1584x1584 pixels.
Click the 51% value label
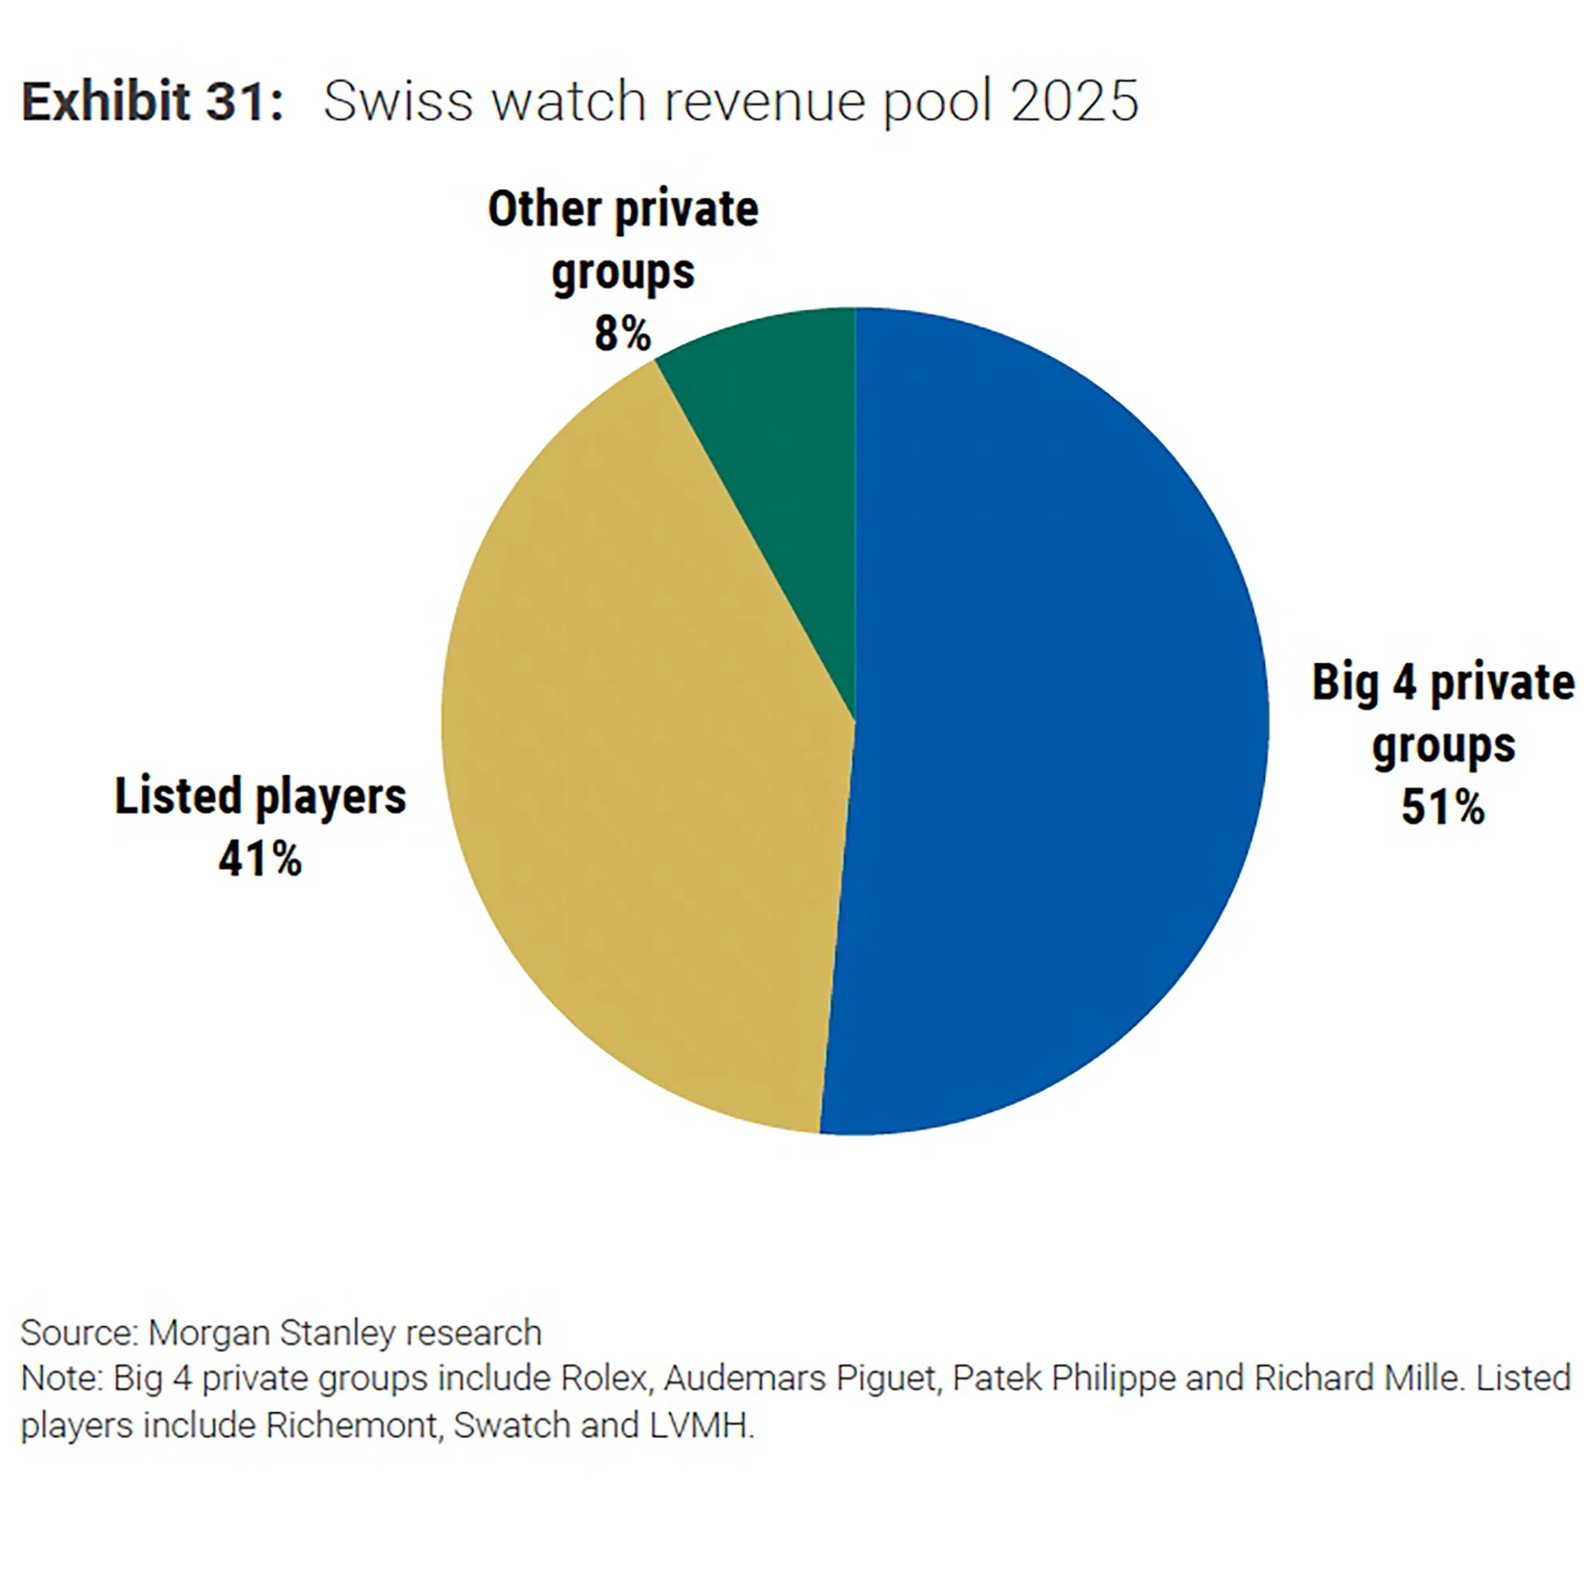point(1442,808)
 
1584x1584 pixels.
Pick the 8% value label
point(623,333)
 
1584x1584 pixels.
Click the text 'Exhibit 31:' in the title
point(153,102)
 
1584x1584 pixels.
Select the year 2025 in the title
point(1074,102)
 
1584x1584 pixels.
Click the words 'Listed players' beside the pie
point(260,796)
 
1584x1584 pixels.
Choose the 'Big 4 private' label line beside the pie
point(1443,682)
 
